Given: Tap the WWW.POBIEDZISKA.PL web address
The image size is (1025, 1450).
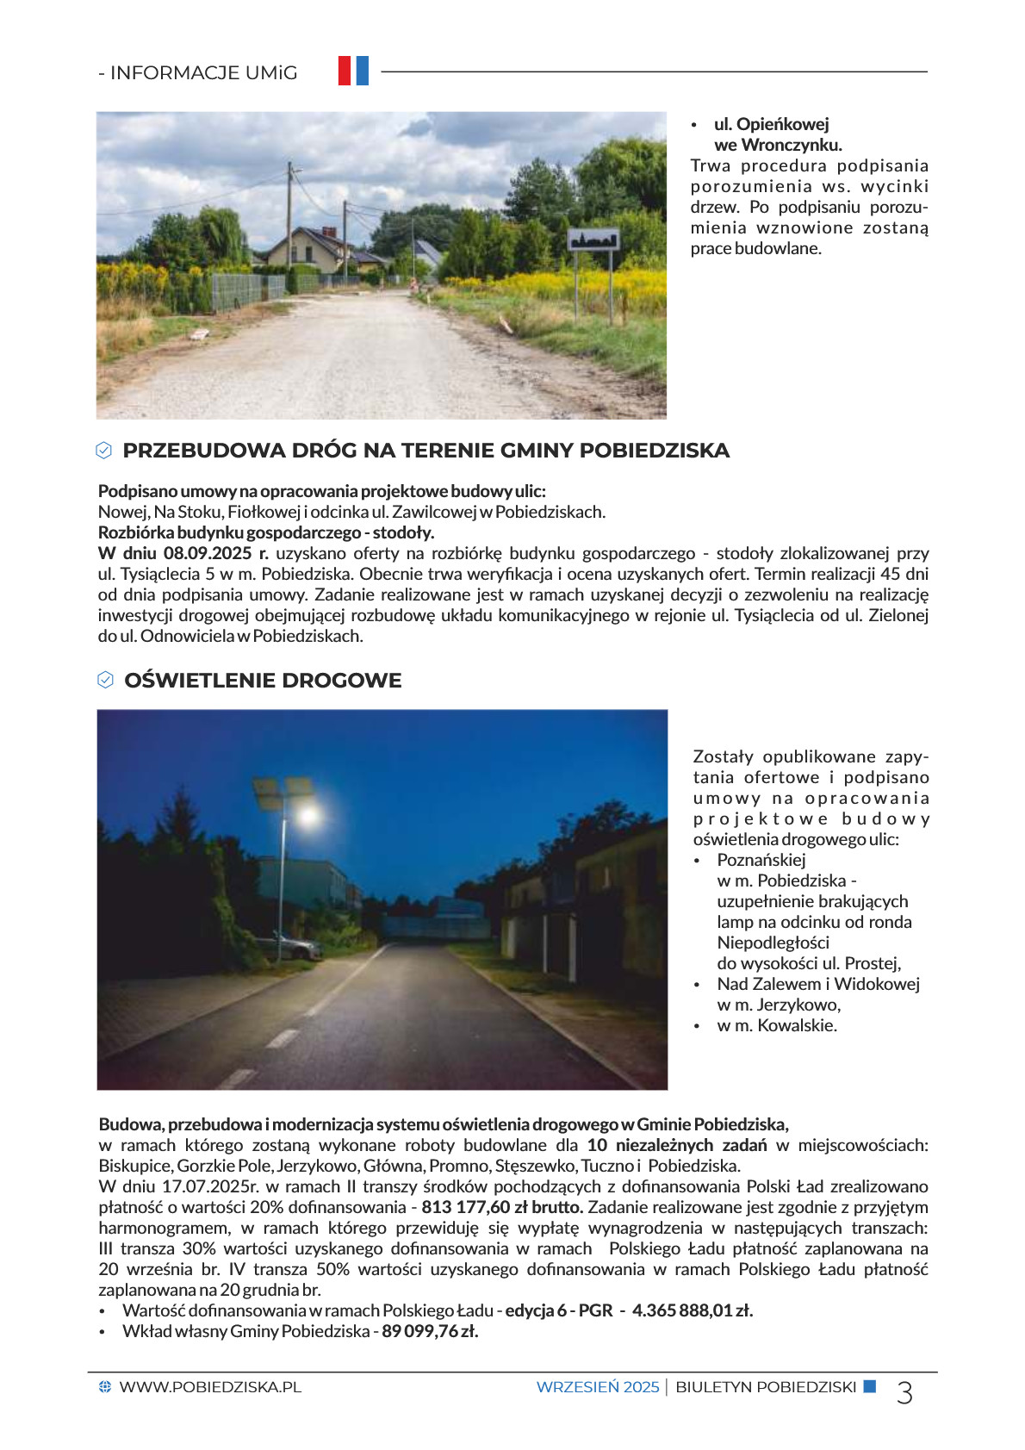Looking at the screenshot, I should coord(210,1387).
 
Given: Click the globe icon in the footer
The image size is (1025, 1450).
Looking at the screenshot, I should coord(105,1387).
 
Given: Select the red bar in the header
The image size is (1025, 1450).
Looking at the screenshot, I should coord(345,71).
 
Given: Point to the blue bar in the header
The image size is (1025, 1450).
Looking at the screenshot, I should coord(363,71).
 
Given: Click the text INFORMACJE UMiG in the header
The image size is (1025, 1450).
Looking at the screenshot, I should coord(203,73).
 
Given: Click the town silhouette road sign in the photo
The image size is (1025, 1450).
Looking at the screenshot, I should coord(593,240).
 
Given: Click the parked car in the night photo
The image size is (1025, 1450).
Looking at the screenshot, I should coord(295,948).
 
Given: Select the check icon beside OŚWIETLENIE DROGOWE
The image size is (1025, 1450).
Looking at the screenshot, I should coord(105,681).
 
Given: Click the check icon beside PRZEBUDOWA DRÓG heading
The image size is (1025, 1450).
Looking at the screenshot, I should coord(104,451).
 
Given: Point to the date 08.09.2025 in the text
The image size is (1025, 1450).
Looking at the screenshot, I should coord(209,553).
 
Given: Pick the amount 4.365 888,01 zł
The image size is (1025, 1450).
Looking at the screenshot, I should coord(693,1310).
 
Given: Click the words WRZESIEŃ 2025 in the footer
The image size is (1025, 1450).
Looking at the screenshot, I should coord(597,1387).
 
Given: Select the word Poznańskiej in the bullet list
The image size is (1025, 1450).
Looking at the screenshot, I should coord(761,860).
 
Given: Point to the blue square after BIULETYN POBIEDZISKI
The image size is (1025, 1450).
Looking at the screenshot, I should coord(870,1386).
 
